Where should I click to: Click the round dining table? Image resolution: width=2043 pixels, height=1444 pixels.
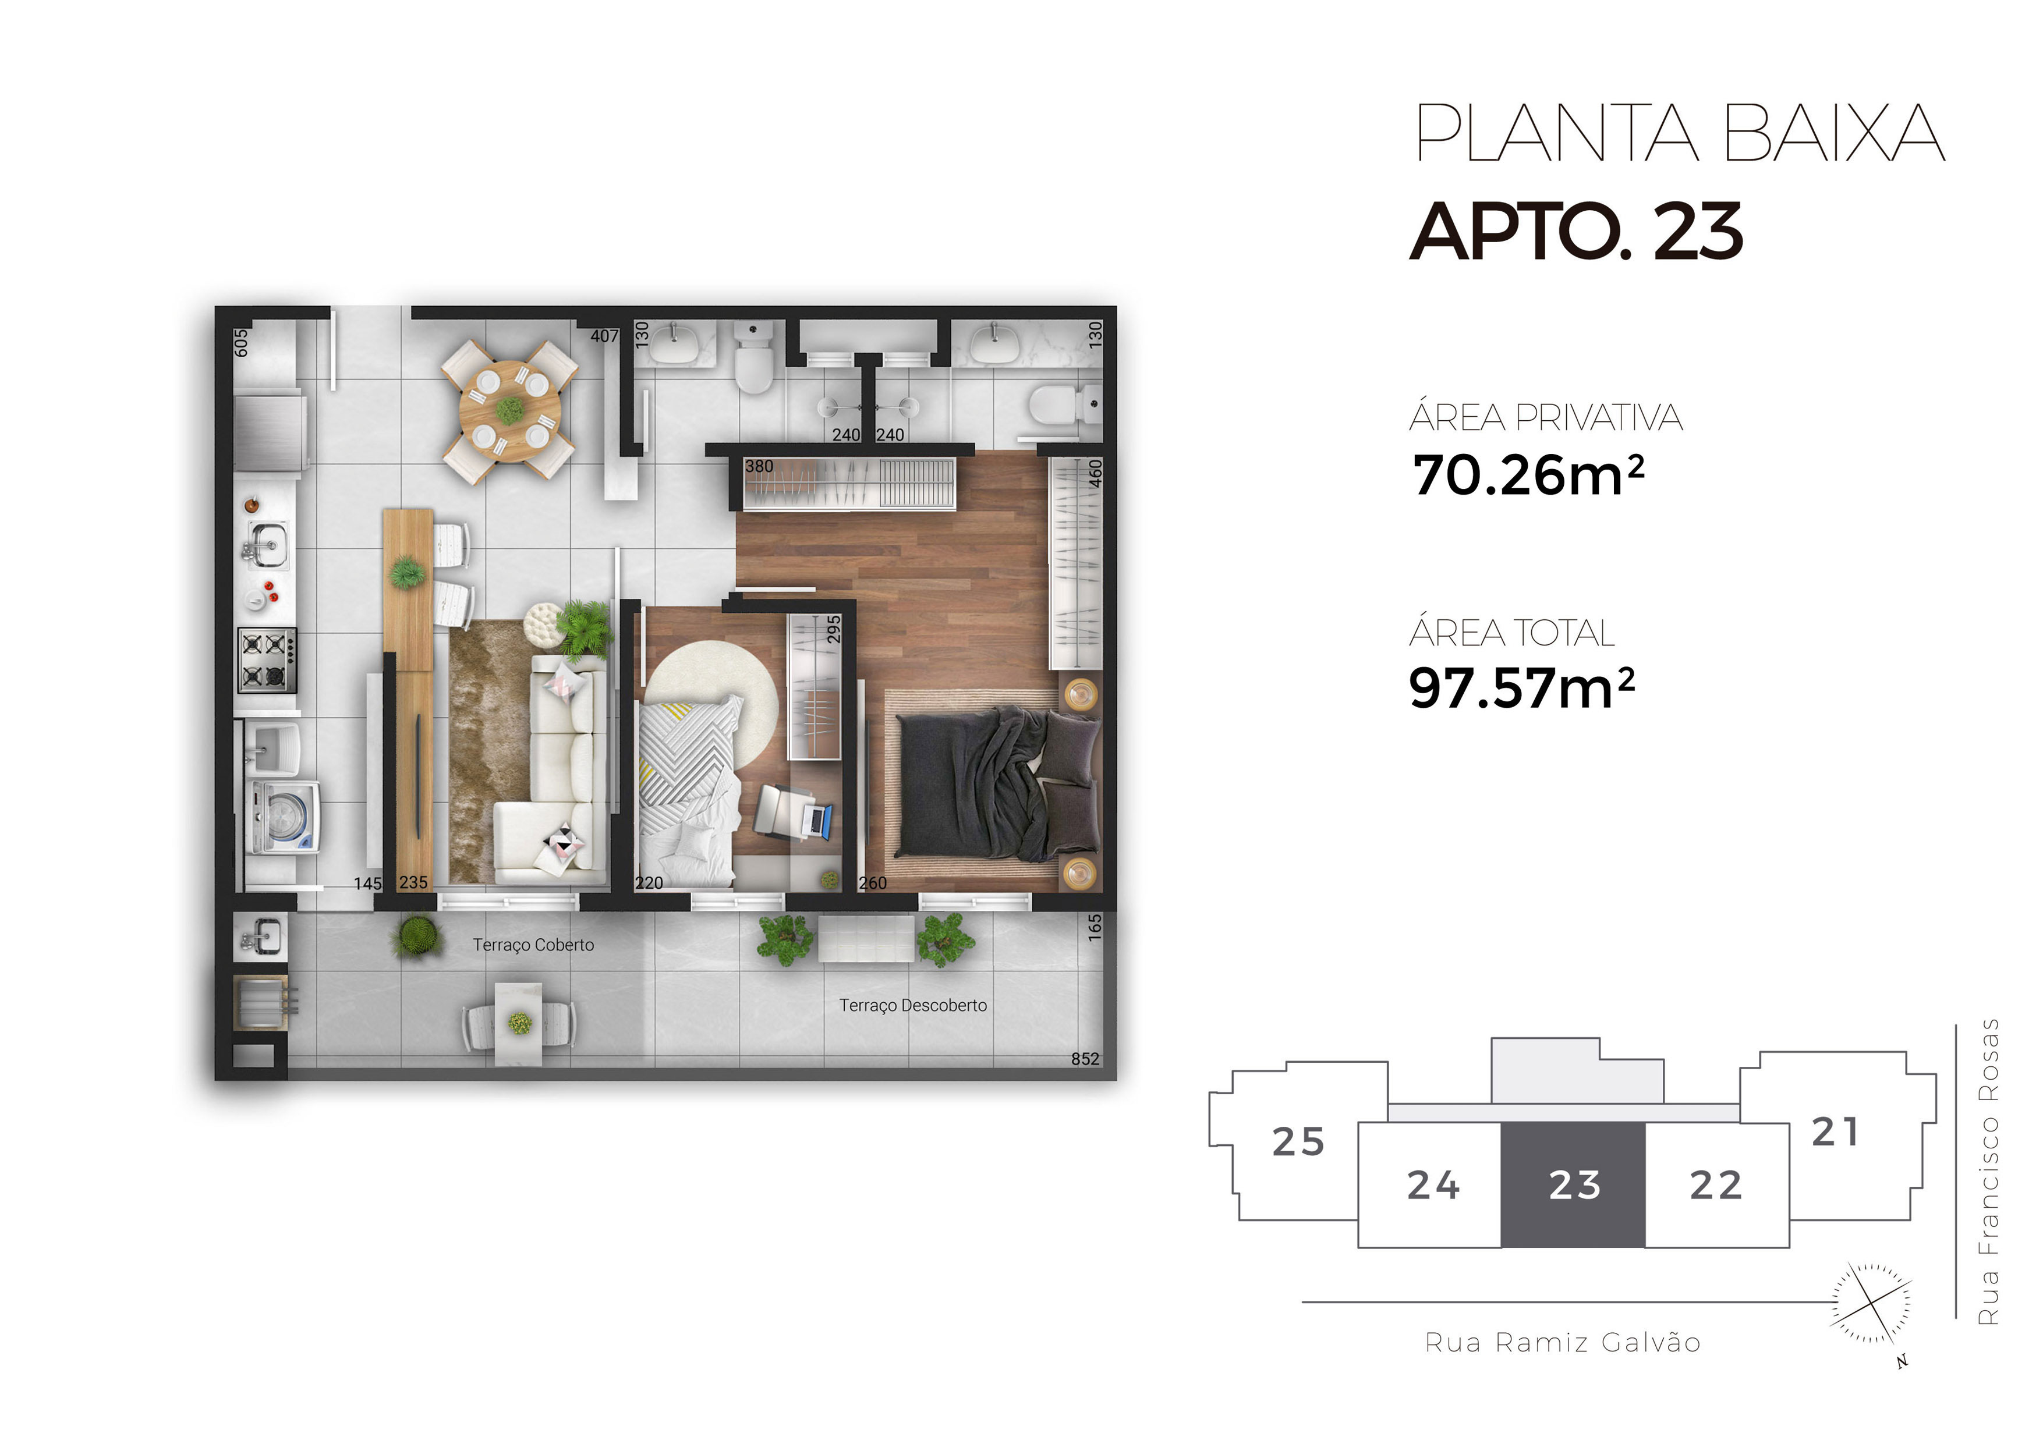coord(510,410)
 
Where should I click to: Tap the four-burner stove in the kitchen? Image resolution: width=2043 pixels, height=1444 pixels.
coord(267,660)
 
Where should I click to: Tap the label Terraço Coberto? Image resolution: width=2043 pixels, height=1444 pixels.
coord(533,945)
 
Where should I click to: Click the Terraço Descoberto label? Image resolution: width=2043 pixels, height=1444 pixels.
coord(913,1005)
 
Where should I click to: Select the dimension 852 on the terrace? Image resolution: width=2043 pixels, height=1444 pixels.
coord(1085,1059)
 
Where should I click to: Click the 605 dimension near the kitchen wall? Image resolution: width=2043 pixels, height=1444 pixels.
coord(241,343)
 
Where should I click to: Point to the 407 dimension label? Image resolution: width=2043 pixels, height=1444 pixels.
coord(604,336)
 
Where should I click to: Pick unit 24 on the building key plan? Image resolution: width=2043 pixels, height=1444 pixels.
coord(1433,1185)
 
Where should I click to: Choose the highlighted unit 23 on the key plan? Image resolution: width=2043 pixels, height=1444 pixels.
coord(1574,1185)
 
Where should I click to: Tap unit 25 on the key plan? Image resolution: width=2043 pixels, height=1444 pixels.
coord(1298,1141)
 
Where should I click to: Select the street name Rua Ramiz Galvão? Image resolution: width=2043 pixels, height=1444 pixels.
coord(1563,1343)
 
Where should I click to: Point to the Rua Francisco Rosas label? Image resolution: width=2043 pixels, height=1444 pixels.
coord(1987,1172)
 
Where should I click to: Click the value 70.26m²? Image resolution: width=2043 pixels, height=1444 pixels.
coord(1528,475)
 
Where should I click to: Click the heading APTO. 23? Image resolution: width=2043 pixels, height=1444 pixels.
coord(1575,230)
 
